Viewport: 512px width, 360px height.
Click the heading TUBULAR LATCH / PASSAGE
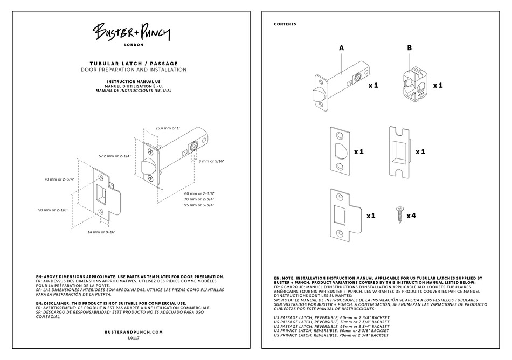[x=133, y=64]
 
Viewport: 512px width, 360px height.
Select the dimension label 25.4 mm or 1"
[x=168, y=128]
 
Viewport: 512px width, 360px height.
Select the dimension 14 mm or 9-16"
[x=102, y=232]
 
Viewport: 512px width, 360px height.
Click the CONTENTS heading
[x=285, y=24]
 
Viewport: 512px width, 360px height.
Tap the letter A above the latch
[x=341, y=48]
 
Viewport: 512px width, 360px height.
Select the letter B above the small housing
[x=409, y=48]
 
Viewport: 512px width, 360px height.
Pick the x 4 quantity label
[x=411, y=216]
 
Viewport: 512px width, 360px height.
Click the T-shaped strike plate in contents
[x=343, y=215]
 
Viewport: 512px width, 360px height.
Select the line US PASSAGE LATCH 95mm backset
[x=331, y=326]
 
